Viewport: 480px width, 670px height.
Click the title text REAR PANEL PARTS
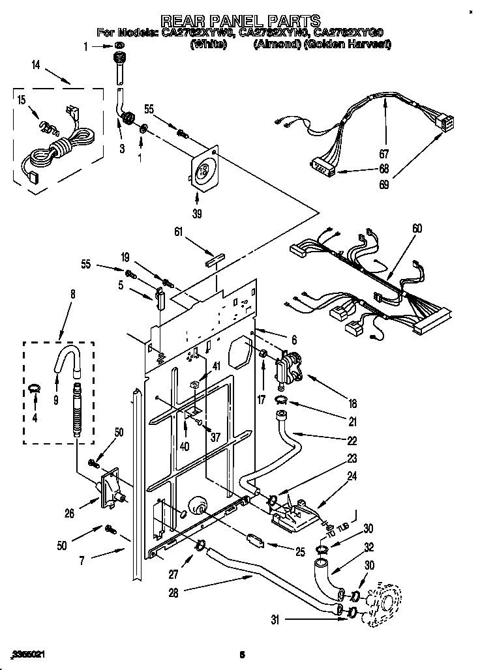coord(241,20)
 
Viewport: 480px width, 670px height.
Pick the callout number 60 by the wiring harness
coord(417,228)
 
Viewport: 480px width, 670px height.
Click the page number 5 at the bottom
coord(241,654)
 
